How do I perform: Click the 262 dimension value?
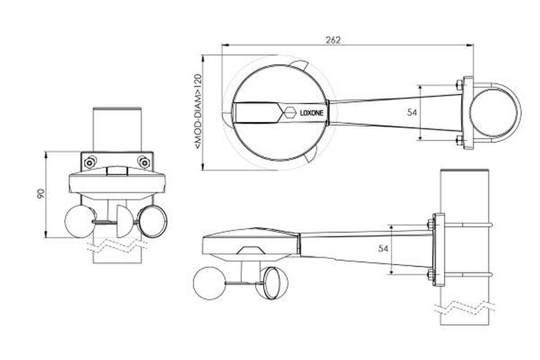[333, 40]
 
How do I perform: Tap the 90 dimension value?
[41, 194]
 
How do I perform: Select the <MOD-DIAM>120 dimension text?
[198, 111]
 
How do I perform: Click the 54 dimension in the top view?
[412, 112]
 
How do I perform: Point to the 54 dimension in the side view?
[384, 248]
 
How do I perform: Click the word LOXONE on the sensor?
[312, 113]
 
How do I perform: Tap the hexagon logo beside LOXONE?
[290, 113]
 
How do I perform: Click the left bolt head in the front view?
[90, 162]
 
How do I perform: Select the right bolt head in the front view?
[144, 162]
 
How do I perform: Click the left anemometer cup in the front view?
[80, 221]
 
